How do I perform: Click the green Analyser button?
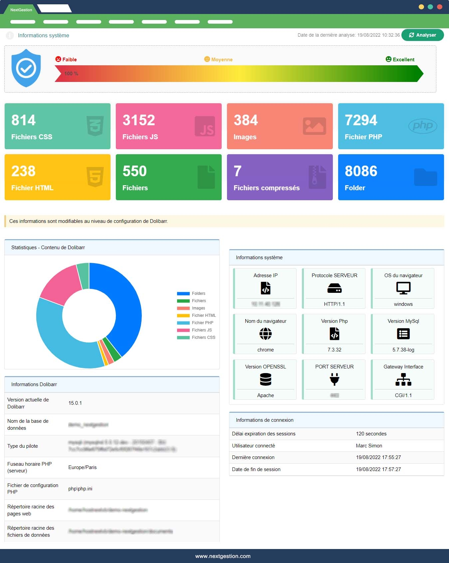[422, 35]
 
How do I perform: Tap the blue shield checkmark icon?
[26, 68]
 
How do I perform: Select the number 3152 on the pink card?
[139, 120]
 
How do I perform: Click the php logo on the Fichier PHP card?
[422, 126]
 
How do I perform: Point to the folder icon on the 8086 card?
[425, 177]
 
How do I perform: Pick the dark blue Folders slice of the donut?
[125, 306]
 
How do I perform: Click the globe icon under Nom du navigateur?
[265, 333]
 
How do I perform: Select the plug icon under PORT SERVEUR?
[334, 379]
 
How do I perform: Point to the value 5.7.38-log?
[403, 350]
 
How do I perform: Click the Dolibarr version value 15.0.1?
[75, 403]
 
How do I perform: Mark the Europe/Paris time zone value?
[83, 467]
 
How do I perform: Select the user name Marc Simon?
[369, 446]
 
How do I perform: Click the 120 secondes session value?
[371, 434]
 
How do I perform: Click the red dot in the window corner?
[439, 7]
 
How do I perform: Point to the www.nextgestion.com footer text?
[223, 556]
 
